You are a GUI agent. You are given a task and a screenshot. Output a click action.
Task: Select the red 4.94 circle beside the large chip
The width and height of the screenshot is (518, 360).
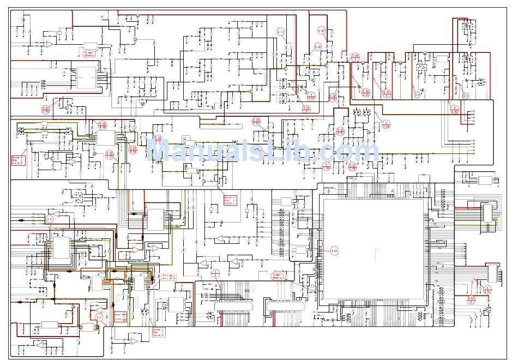coord(334,251)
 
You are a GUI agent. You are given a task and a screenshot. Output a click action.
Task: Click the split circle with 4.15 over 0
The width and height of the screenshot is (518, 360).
coord(387,93)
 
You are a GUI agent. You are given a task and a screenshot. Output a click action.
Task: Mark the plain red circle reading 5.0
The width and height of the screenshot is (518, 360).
coord(418,94)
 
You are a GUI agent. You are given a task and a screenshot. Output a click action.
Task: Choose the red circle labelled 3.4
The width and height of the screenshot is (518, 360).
coord(466,95)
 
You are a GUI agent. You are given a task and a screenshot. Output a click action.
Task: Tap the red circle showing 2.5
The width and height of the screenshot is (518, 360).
coord(49,219)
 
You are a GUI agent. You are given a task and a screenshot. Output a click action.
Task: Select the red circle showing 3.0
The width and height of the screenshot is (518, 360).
coord(99,317)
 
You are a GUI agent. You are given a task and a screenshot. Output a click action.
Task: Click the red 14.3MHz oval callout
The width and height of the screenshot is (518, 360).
coord(89,54)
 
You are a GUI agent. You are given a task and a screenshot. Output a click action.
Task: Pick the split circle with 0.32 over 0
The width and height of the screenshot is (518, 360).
coord(306,109)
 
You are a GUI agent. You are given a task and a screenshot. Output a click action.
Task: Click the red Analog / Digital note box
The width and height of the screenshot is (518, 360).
coord(120,317)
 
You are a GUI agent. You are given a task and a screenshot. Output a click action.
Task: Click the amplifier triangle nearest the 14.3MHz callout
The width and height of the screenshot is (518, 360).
coord(49,44)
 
